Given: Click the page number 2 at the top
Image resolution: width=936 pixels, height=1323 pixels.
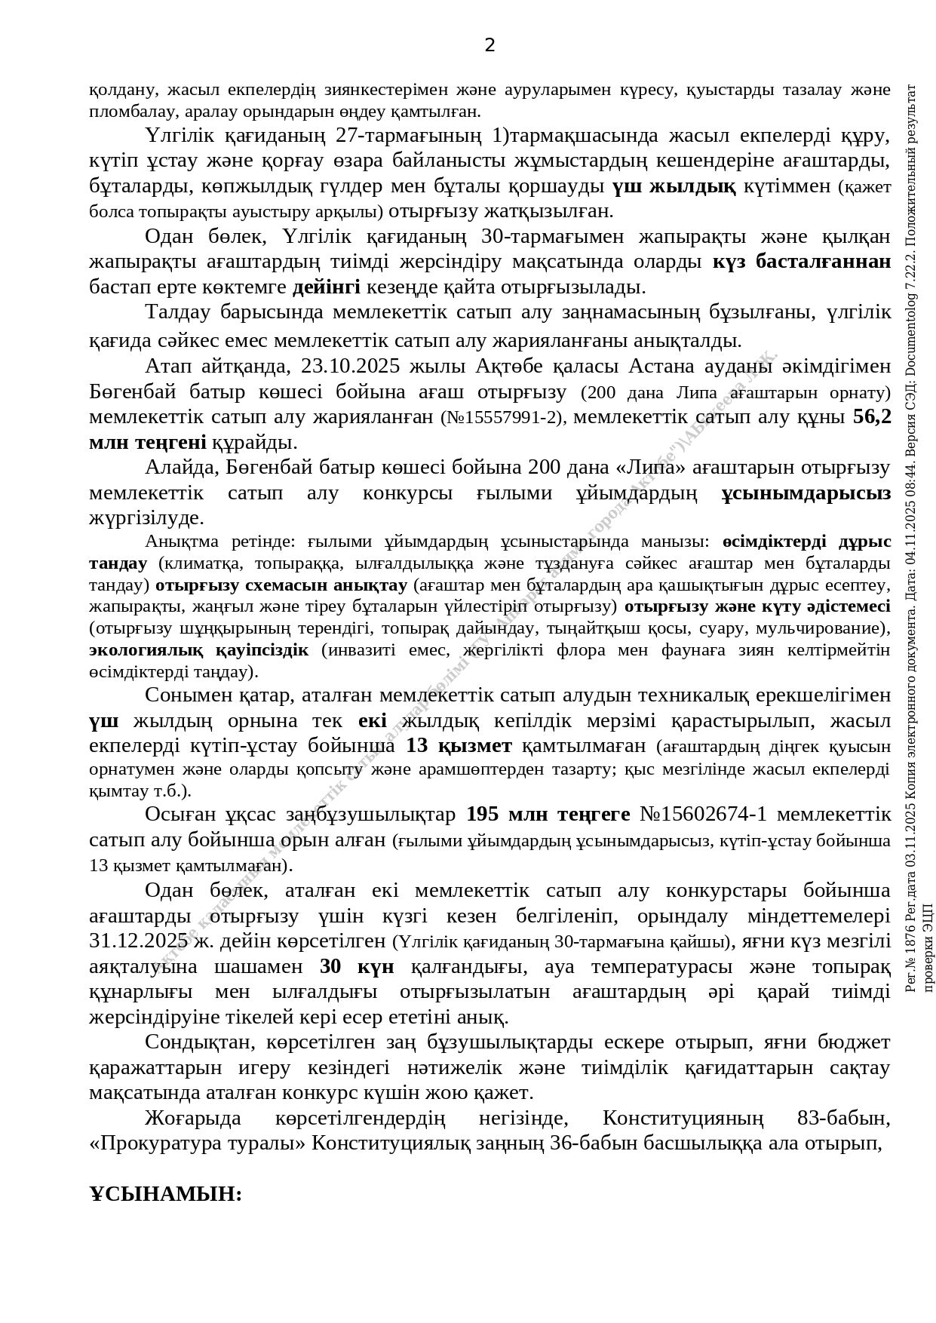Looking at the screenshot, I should tap(489, 45).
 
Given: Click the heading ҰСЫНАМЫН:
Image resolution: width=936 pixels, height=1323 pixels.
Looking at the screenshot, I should tap(165, 1194).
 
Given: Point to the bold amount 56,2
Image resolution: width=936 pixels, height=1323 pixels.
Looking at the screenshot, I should tap(871, 416).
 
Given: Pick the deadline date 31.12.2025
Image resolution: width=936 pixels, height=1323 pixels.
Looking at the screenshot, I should tap(138, 941).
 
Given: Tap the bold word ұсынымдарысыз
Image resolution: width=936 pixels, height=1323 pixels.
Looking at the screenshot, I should tap(806, 493).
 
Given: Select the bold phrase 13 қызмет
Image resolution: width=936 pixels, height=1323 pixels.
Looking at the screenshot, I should tap(459, 746).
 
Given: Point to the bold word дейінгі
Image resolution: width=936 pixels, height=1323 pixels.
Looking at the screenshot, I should tap(327, 287).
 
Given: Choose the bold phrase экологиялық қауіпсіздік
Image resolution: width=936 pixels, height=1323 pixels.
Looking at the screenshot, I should tap(198, 649).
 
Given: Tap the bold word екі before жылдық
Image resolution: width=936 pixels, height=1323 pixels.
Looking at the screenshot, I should tap(373, 721).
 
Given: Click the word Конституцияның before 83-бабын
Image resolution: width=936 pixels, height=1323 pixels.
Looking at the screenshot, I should tap(683, 1118).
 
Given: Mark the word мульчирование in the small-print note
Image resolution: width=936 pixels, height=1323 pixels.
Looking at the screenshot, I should tap(821, 628).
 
